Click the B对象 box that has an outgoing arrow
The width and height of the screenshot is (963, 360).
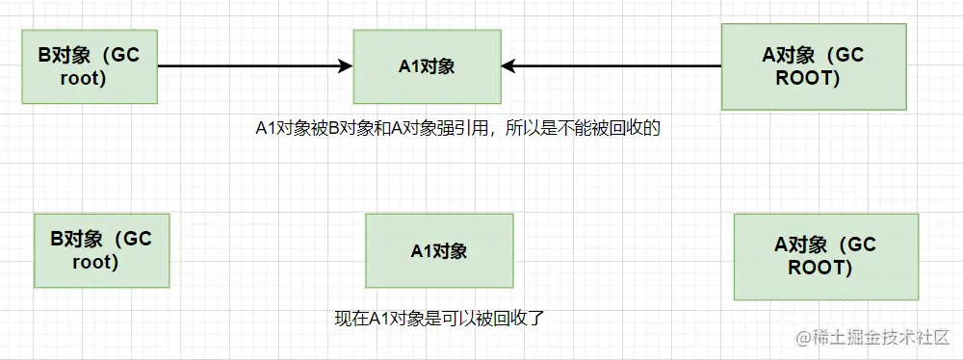[89, 66]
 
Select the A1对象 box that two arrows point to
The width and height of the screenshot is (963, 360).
[427, 66]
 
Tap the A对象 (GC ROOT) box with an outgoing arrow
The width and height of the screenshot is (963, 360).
[812, 66]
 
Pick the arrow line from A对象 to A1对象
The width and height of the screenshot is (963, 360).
[616, 66]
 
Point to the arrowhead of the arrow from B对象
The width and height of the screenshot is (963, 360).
[346, 66]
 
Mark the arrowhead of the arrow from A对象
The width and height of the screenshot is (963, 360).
[508, 66]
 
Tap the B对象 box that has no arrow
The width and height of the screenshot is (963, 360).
[101, 250]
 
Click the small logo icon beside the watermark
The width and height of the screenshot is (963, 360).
[804, 338]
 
